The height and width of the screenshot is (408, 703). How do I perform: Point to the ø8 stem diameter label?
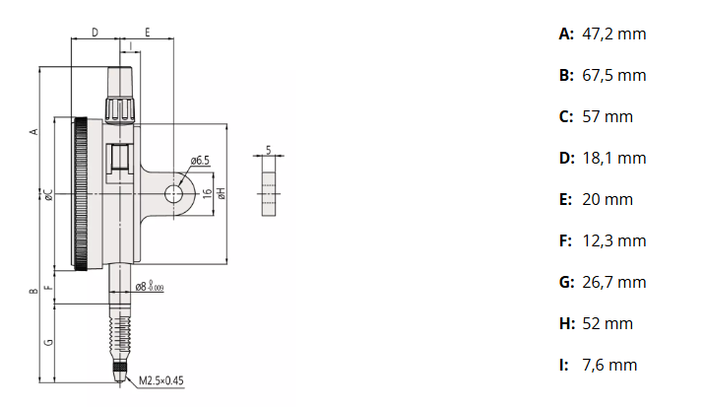[149, 287]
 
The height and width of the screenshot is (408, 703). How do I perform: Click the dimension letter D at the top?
[95, 33]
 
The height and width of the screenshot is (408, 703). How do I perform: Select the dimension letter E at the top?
[146, 33]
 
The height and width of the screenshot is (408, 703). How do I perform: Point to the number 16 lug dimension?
[208, 193]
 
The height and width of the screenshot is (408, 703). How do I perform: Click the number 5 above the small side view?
[268, 151]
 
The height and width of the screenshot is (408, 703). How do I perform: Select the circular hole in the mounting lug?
[177, 193]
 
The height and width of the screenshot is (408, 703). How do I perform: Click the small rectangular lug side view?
[268, 193]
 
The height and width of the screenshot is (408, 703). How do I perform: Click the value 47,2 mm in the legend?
[613, 34]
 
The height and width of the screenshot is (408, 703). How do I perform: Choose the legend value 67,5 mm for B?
[613, 76]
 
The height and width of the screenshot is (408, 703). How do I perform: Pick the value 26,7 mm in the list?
[613, 283]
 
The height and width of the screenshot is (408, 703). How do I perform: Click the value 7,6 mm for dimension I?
[608, 366]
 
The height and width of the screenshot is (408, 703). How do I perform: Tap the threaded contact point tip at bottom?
[120, 373]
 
